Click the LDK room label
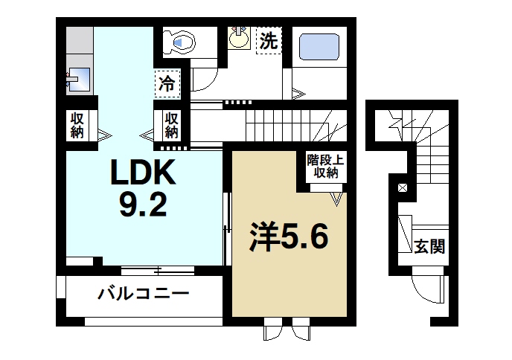point(143,174)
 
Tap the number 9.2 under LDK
point(144,205)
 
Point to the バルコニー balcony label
point(144,294)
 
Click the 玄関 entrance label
point(429,246)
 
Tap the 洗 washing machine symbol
point(268,41)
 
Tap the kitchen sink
point(78,79)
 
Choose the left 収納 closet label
point(77,125)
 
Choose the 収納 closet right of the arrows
point(171,125)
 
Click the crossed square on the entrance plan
point(403,187)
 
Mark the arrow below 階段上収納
point(338,199)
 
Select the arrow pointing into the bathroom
point(298,94)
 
